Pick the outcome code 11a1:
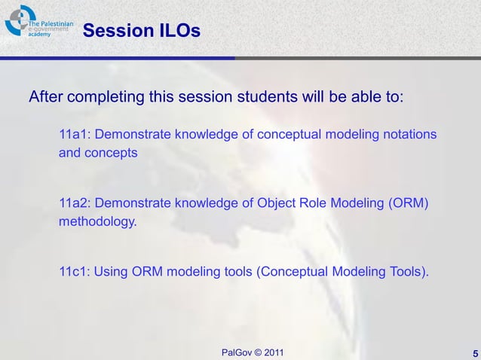[75, 134]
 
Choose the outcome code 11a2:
[75, 203]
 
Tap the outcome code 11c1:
[75, 272]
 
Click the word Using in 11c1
[112, 272]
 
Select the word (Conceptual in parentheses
[290, 272]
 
